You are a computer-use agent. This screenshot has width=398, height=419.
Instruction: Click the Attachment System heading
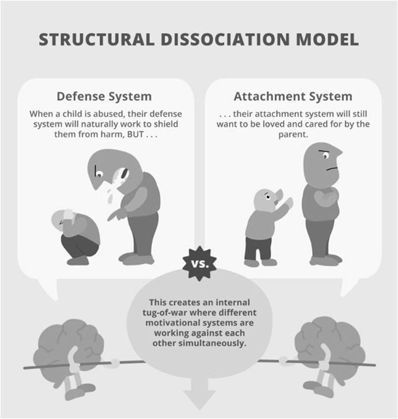pos(292,96)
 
